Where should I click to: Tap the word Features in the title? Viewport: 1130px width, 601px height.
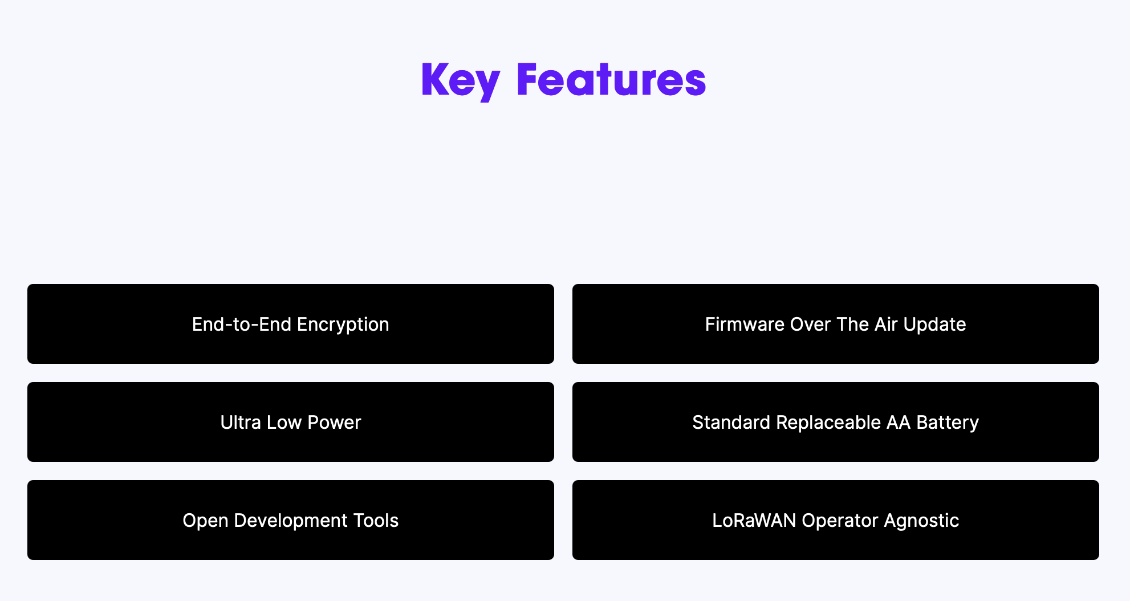coord(611,79)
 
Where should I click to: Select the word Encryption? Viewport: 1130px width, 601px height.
coord(343,325)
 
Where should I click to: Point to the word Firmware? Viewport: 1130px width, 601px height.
coord(745,324)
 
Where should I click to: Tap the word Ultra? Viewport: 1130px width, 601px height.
coord(241,422)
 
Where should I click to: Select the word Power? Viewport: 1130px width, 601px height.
coord(334,422)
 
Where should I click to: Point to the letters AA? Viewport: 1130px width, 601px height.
coord(899,422)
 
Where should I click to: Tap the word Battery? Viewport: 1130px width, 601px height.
coord(948,423)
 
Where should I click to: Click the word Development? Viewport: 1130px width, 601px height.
coord(291,521)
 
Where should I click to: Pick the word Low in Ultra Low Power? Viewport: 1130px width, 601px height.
coord(284,422)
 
